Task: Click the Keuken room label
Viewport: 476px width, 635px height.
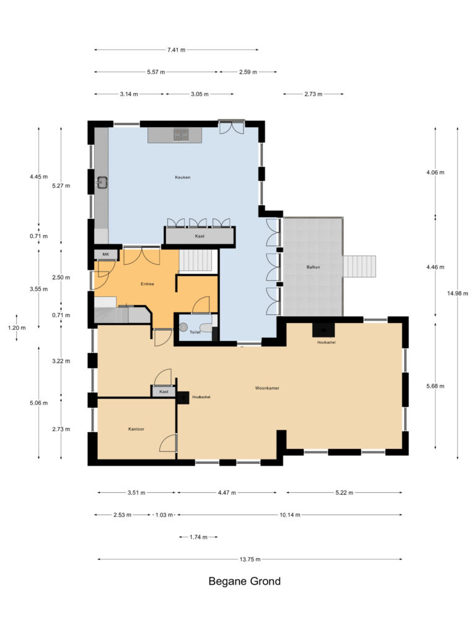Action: click(x=182, y=177)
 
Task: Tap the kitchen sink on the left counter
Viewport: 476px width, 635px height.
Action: click(x=102, y=183)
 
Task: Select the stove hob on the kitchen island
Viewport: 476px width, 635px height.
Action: click(x=181, y=134)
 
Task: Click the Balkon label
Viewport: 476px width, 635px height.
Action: click(x=313, y=267)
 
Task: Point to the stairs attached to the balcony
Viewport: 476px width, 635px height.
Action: click(x=359, y=267)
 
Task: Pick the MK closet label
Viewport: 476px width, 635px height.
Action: click(x=105, y=255)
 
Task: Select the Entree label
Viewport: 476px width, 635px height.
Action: click(x=147, y=284)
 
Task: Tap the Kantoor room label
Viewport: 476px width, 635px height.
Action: click(x=136, y=429)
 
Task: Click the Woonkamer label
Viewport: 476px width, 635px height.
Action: click(x=267, y=388)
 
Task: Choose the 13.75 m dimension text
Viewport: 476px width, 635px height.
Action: click(x=250, y=559)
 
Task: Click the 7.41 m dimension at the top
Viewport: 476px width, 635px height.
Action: click(x=176, y=50)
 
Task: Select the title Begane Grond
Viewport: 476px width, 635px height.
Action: click(x=244, y=582)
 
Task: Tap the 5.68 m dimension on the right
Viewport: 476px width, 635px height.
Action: click(x=436, y=386)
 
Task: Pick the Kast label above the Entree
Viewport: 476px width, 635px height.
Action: click(x=200, y=236)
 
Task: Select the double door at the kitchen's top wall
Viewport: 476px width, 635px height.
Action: click(x=232, y=127)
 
